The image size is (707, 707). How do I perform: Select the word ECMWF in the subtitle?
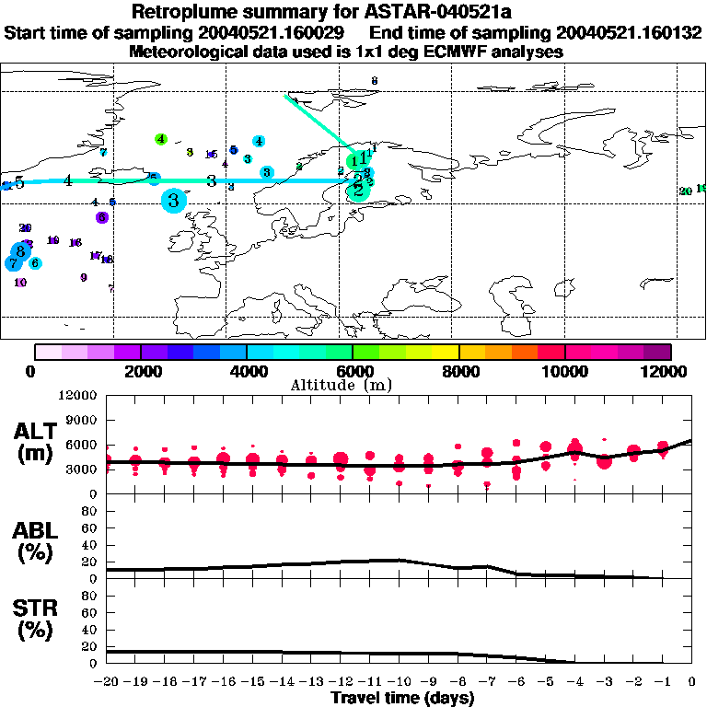click(x=446, y=52)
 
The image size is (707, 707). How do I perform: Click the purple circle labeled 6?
click(x=102, y=217)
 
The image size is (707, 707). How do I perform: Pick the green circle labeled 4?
click(x=161, y=139)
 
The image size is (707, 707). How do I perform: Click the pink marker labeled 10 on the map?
click(x=20, y=283)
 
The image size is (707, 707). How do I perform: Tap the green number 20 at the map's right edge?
click(x=685, y=191)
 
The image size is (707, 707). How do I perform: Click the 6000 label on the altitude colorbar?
click(x=353, y=371)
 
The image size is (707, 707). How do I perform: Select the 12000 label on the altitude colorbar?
click(x=670, y=371)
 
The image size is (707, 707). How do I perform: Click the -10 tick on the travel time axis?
click(x=400, y=681)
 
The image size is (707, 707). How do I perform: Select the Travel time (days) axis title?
click(x=402, y=699)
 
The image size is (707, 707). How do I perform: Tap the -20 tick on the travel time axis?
click(x=108, y=681)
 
